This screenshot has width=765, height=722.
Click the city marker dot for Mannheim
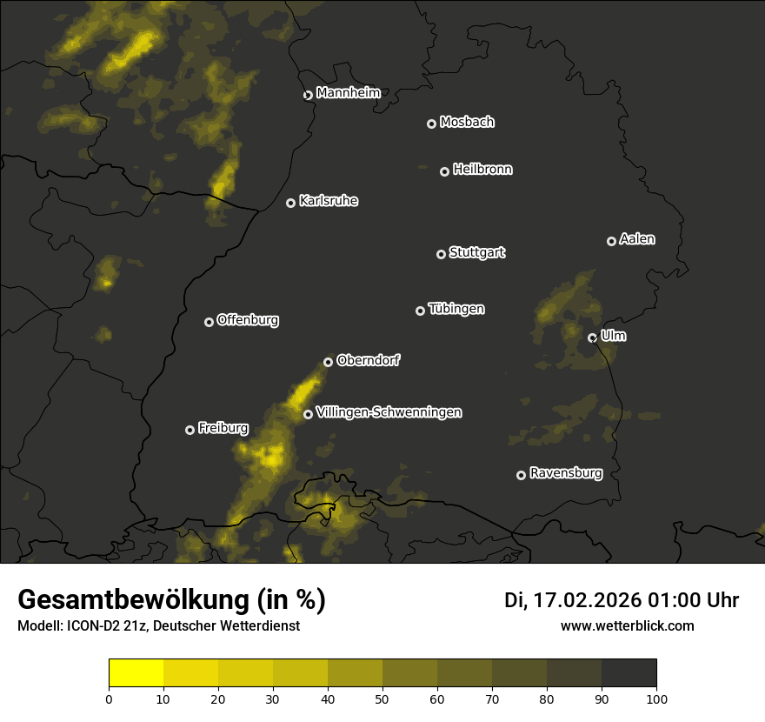click(308, 96)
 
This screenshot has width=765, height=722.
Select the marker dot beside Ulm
click(592, 338)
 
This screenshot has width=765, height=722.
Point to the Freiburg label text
click(223, 429)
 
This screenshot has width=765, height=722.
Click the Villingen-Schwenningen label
click(389, 413)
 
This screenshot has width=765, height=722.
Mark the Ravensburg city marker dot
click(522, 475)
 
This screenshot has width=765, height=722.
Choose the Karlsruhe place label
click(329, 202)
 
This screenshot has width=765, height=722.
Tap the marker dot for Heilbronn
click(444, 172)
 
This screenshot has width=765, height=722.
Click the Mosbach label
click(467, 123)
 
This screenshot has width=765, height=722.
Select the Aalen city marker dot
click(611, 242)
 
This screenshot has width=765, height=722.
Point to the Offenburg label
click(248, 320)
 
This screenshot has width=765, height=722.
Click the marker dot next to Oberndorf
click(328, 363)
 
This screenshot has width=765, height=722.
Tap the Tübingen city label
click(456, 310)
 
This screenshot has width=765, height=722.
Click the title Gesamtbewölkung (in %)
click(171, 600)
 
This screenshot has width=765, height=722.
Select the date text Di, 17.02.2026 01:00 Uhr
click(622, 601)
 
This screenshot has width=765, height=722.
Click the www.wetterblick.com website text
click(627, 626)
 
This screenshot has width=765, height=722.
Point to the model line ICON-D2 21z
click(158, 626)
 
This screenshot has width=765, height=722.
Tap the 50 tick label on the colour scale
click(382, 699)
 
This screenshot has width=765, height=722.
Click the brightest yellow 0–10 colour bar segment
click(136, 673)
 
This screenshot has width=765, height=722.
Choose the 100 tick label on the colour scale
click(656, 699)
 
